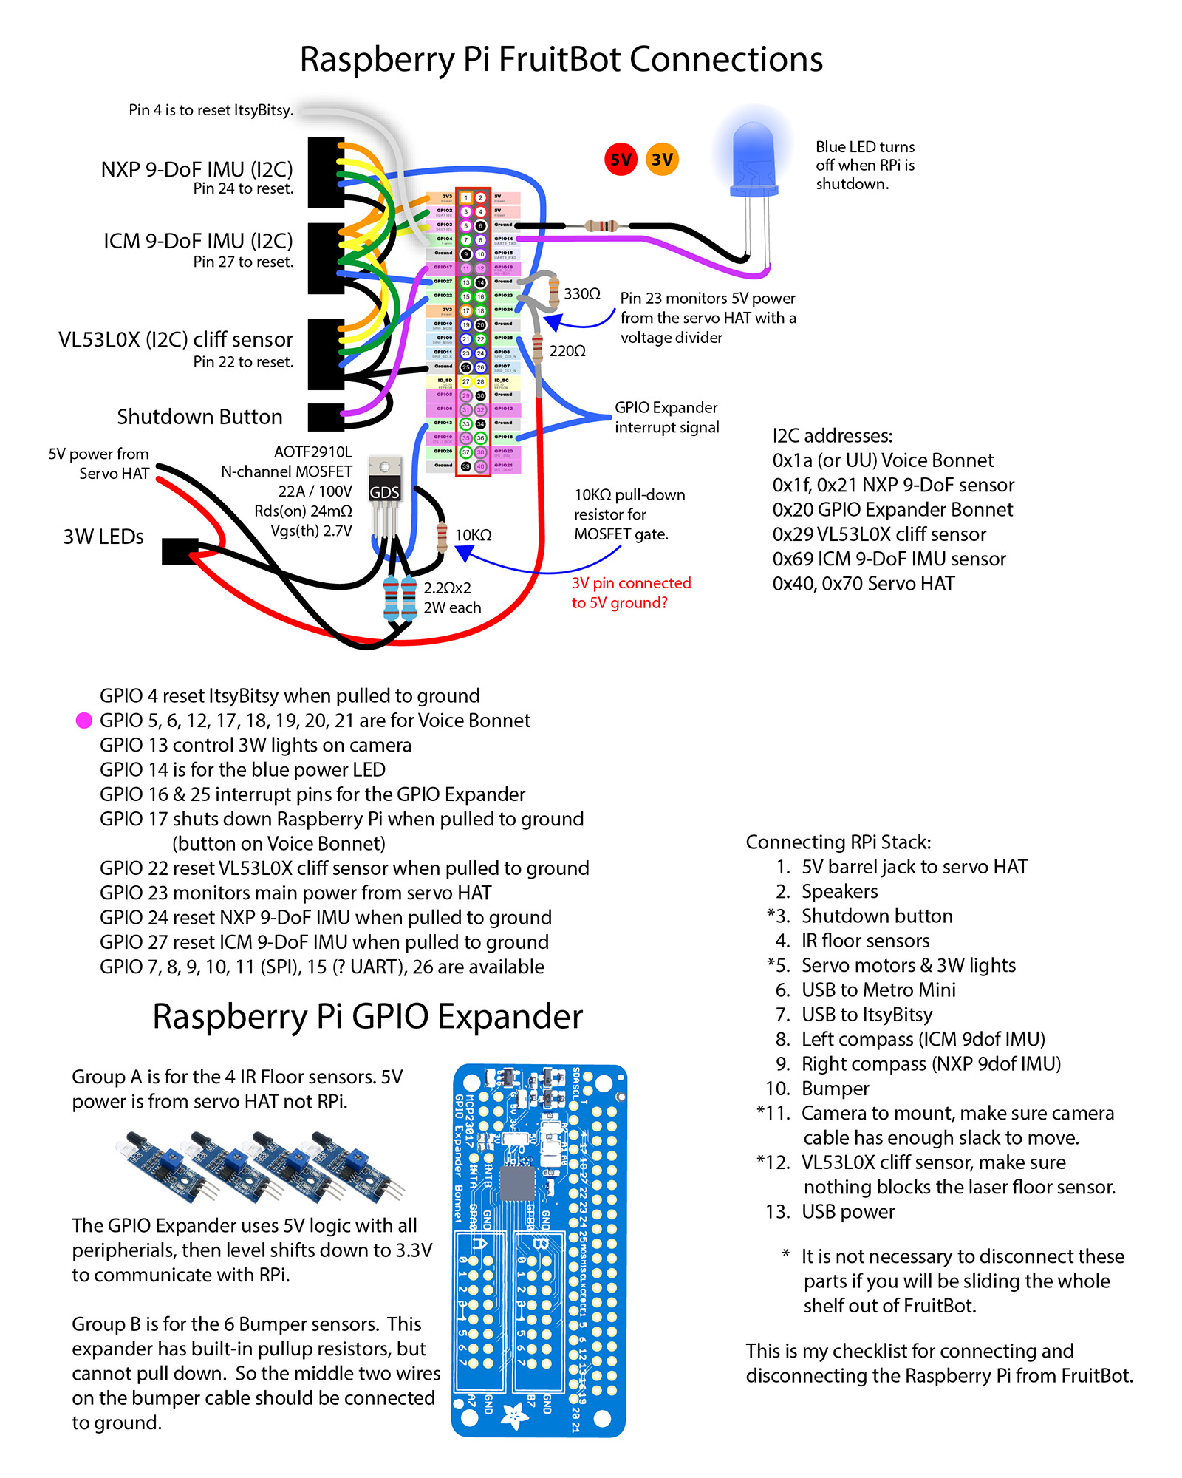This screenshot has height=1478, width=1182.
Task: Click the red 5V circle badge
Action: pyautogui.click(x=621, y=159)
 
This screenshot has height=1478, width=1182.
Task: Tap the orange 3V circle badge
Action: pyautogui.click(x=662, y=159)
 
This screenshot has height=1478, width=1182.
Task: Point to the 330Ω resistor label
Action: pyautogui.click(x=582, y=294)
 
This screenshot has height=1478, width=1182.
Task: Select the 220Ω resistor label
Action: pyautogui.click(x=567, y=351)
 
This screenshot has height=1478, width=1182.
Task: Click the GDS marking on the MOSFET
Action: pyautogui.click(x=384, y=492)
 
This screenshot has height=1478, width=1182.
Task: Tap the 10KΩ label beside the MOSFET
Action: pyautogui.click(x=473, y=535)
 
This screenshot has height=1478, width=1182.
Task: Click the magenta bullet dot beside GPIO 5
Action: pyautogui.click(x=84, y=721)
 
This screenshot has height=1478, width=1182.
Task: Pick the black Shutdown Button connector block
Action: pyautogui.click(x=326, y=417)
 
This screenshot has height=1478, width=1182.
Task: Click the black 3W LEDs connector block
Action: pyautogui.click(x=180, y=551)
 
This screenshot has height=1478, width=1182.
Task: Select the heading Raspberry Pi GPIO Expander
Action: pyautogui.click(x=367, y=1017)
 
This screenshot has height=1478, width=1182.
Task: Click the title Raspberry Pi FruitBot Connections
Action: pyautogui.click(x=561, y=60)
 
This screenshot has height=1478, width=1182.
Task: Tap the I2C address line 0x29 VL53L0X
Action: pyautogui.click(x=879, y=534)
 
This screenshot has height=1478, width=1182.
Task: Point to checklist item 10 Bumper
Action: pyautogui.click(x=835, y=1089)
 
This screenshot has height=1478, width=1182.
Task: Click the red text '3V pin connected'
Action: pyautogui.click(x=631, y=583)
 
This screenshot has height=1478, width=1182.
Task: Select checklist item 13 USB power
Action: pyautogui.click(x=847, y=1212)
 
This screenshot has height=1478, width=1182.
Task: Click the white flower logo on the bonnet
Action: pyautogui.click(x=514, y=1414)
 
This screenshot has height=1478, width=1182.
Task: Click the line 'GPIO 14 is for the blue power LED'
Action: pyautogui.click(x=242, y=770)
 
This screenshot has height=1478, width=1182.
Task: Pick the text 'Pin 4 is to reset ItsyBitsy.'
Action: pyautogui.click(x=211, y=110)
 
